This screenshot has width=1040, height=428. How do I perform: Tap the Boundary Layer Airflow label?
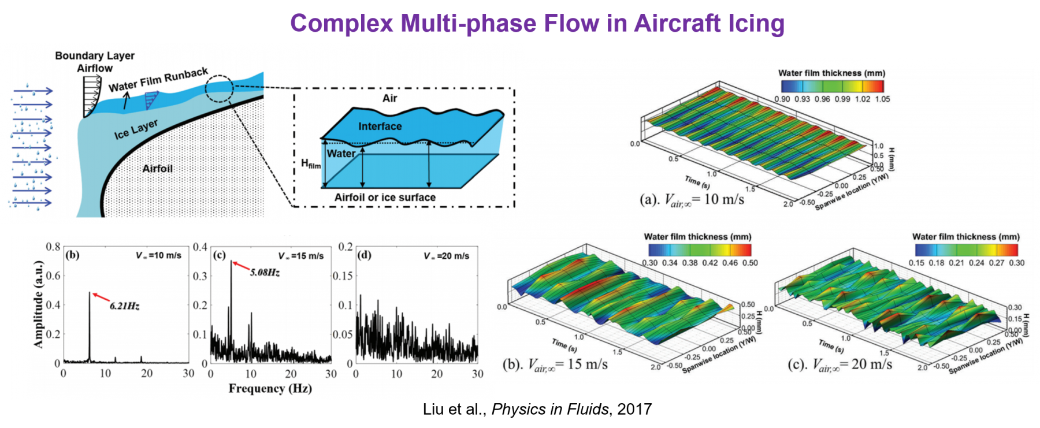pyautogui.click(x=95, y=62)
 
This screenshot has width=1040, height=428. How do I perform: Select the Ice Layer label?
pyautogui.click(x=136, y=129)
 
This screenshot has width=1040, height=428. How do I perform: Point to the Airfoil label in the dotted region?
pyautogui.click(x=157, y=169)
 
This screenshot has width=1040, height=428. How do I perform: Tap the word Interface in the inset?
pyautogui.click(x=380, y=126)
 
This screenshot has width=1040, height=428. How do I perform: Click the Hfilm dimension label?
pyautogui.click(x=310, y=164)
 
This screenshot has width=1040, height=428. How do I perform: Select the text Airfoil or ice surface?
pyautogui.click(x=385, y=198)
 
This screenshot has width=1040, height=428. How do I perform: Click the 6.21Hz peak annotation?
pyautogui.click(x=125, y=306)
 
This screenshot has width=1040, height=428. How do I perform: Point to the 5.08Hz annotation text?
pyautogui.click(x=265, y=273)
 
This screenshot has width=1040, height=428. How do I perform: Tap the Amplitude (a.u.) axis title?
pyautogui.click(x=39, y=304)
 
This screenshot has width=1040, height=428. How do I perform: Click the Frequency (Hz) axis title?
pyautogui.click(x=270, y=389)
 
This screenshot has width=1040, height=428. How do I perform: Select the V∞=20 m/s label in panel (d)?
pyautogui.click(x=446, y=256)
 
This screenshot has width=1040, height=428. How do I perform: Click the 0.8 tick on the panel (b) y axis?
pyautogui.click(x=53, y=247)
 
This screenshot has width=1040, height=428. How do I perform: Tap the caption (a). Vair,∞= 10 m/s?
pyautogui.click(x=692, y=200)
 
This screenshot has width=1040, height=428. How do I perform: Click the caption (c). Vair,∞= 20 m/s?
pyautogui.click(x=840, y=364)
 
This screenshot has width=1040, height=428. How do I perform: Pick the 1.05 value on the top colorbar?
pyautogui.click(x=882, y=99)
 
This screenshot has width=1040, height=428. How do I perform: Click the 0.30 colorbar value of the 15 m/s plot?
pyautogui.click(x=650, y=263)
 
